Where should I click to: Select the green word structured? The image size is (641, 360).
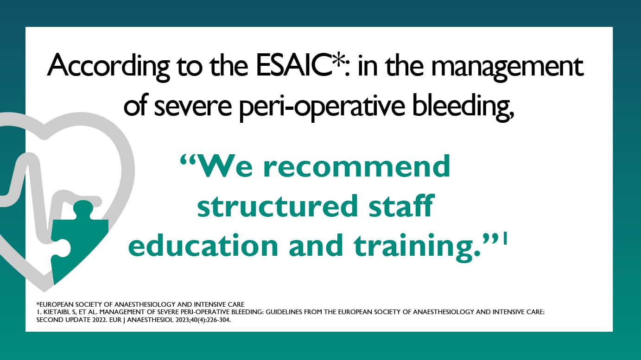pos(273,207)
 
